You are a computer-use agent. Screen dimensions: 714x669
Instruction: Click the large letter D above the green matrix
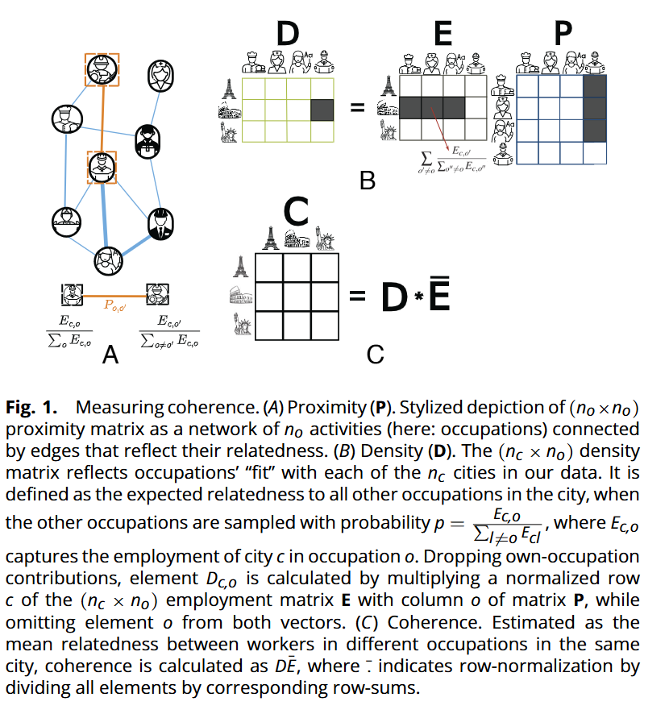pyautogui.click(x=288, y=33)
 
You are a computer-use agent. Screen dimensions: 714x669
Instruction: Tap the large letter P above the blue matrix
pyautogui.click(x=563, y=33)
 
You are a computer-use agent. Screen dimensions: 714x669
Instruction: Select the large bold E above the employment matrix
pyautogui.click(x=442, y=33)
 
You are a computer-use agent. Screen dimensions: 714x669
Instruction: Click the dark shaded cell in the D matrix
pyautogui.click(x=322, y=108)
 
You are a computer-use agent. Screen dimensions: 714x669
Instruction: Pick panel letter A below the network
pyautogui.click(x=110, y=352)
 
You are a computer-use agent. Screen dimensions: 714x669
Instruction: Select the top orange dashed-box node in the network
pyautogui.click(x=102, y=70)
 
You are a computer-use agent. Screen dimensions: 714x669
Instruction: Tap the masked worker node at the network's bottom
pyautogui.click(x=106, y=259)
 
